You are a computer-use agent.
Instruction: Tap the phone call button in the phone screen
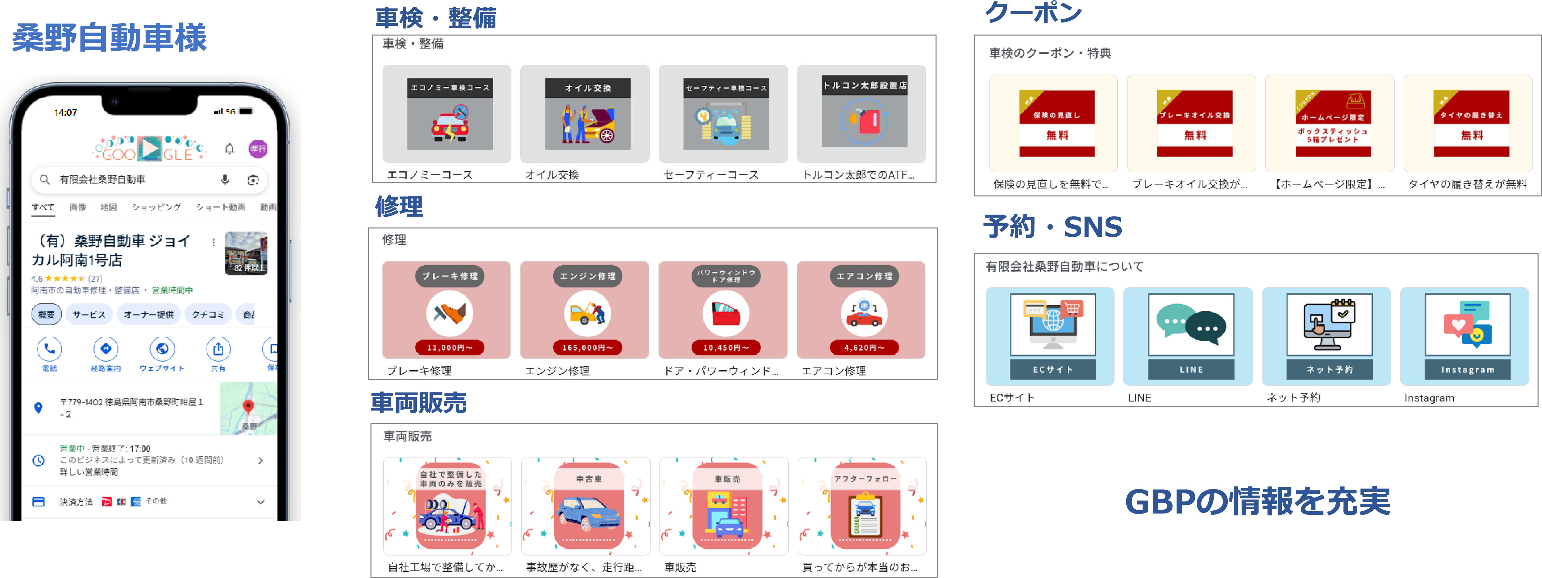click(50, 349)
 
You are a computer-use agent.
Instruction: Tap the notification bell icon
click(229, 148)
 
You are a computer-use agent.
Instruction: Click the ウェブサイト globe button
click(162, 349)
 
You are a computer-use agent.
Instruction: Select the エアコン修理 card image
click(864, 310)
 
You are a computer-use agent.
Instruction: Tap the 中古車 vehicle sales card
click(588, 506)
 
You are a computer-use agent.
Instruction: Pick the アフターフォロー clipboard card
click(865, 506)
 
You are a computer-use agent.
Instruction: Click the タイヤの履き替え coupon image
click(1471, 123)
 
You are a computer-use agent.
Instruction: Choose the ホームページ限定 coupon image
click(1332, 123)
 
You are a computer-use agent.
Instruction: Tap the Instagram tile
click(1467, 335)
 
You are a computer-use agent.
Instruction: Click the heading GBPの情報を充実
click(1257, 501)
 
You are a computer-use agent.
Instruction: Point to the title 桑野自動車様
click(110, 38)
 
